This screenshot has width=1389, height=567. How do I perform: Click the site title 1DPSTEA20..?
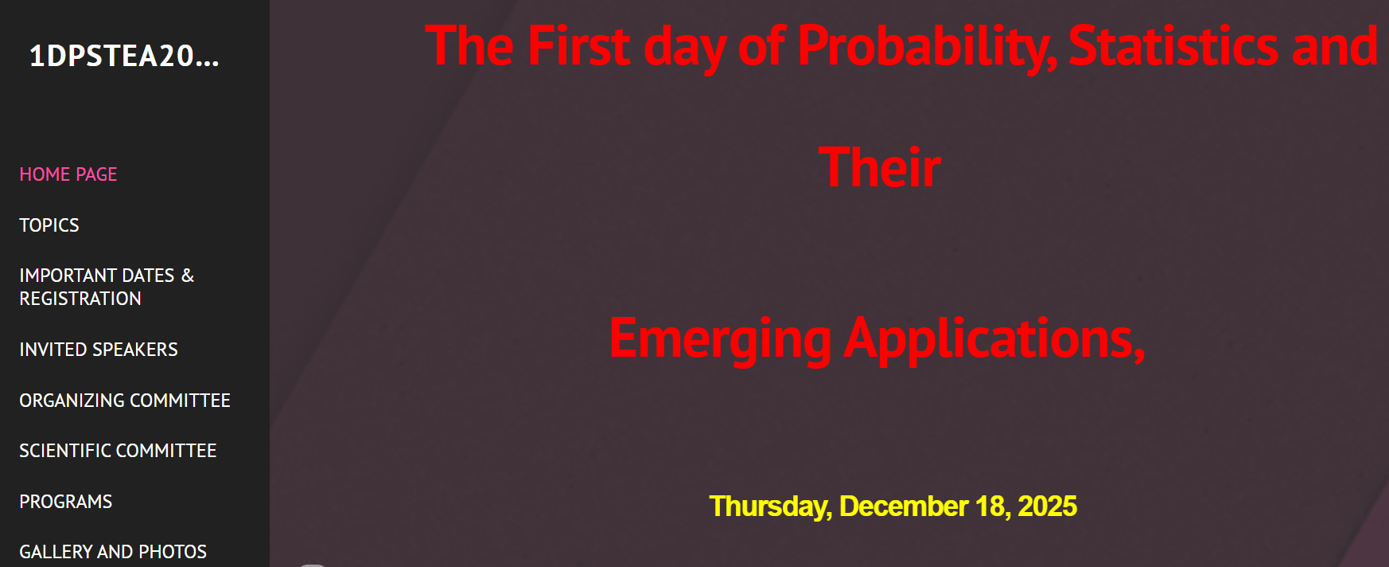(123, 56)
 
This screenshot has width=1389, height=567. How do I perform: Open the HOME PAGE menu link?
(68, 174)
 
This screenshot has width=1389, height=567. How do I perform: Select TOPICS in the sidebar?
(49, 225)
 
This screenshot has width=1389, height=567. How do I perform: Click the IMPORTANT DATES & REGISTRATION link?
(107, 287)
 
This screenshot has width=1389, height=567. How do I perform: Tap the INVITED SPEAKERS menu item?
(99, 350)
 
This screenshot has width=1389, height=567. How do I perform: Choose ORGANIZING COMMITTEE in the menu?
(125, 401)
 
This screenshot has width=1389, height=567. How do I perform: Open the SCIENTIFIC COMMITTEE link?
(118, 451)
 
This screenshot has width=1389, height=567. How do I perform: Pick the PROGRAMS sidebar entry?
(66, 502)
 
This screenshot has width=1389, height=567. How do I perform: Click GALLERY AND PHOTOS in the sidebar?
(113, 552)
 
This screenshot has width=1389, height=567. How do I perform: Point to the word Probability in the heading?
(928, 48)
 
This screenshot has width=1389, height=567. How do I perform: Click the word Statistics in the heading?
(1174, 46)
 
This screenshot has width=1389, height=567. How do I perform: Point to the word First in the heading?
(579, 46)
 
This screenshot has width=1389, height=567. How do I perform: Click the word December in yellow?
(904, 506)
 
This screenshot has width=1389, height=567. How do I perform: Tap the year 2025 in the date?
(1048, 506)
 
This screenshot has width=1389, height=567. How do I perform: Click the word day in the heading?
(685, 48)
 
